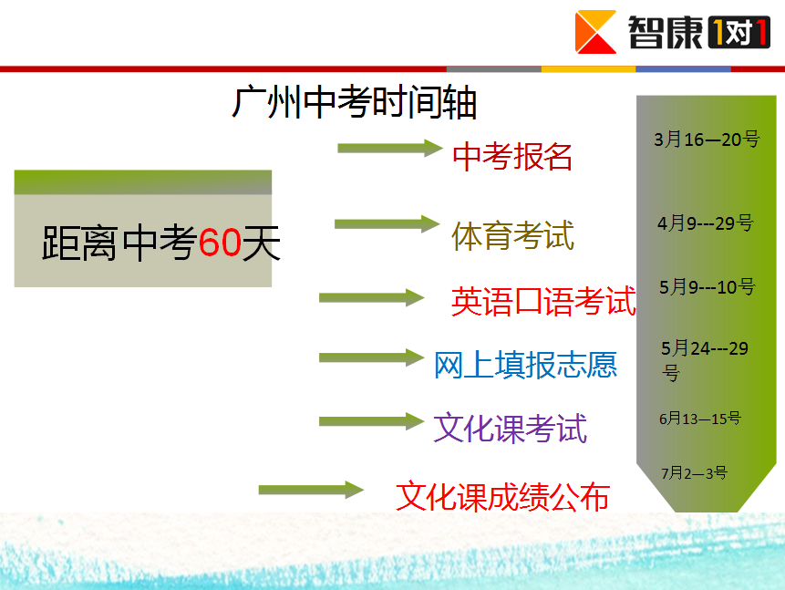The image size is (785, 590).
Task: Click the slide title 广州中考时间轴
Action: [354, 102]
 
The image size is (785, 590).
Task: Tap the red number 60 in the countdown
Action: [220, 243]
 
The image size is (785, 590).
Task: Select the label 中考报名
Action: [512, 156]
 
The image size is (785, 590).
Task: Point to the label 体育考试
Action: [512, 235]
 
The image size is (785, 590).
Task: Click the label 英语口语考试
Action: [543, 302]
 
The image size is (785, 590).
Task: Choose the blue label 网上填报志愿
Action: [526, 364]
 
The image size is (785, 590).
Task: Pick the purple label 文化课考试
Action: [511, 429]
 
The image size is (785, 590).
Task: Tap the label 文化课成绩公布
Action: [502, 496]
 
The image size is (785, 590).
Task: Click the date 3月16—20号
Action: [707, 140]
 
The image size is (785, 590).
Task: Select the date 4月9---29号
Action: [706, 223]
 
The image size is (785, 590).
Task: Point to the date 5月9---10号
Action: [707, 287]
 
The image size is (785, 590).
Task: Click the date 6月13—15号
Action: [700, 419]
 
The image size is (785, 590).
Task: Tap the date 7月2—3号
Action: [694, 472]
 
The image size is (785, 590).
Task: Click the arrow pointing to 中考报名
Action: [390, 149]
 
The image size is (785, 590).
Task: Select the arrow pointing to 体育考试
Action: [387, 224]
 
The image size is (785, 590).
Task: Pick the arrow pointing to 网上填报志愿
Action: [371, 357]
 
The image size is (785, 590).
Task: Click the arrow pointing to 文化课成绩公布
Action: [311, 490]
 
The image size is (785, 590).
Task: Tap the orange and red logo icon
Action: [595, 32]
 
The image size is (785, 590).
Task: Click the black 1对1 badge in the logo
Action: [739, 33]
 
